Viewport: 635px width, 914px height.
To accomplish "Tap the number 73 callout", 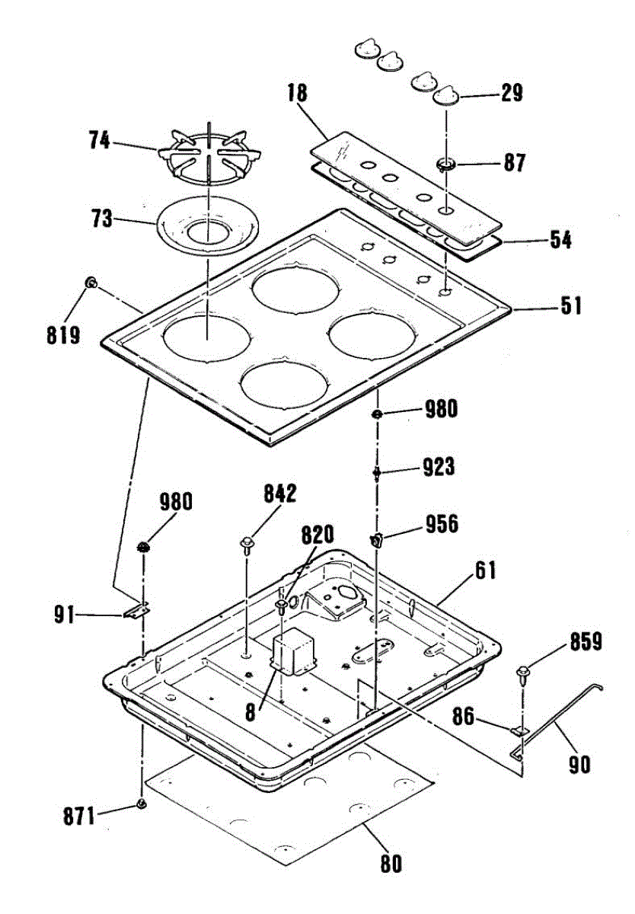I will pyautogui.click(x=101, y=220).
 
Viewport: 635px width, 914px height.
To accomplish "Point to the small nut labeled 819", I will pyautogui.click(x=90, y=283).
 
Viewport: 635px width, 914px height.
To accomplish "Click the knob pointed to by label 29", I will pyautogui.click(x=445, y=96).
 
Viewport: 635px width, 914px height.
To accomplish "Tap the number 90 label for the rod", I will pyautogui.click(x=579, y=762).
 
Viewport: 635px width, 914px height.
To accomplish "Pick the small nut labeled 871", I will pyautogui.click(x=141, y=804).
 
